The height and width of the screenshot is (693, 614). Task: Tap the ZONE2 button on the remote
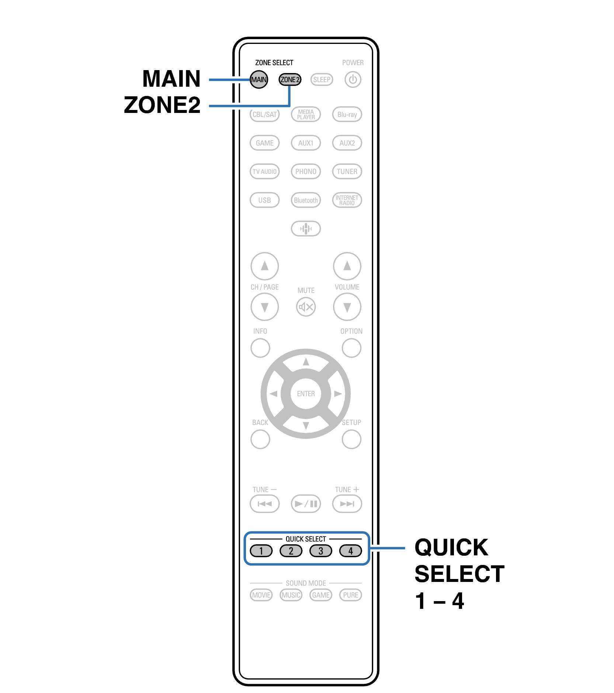[x=290, y=79]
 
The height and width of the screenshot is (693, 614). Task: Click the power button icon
[x=353, y=79]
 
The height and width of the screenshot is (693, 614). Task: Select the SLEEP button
[x=322, y=79]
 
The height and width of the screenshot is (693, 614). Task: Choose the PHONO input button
[x=306, y=171]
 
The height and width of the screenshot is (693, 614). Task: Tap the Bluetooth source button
[x=306, y=200]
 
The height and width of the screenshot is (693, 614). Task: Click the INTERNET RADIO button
[x=347, y=200]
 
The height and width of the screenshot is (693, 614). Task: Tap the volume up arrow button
[x=347, y=266]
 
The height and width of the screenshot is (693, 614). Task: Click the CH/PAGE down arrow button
[x=264, y=307]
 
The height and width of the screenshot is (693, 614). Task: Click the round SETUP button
[x=351, y=439]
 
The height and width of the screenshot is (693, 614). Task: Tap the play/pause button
[x=306, y=504]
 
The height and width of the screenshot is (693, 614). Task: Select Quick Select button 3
[x=321, y=551]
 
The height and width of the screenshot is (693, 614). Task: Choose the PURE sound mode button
[x=350, y=595]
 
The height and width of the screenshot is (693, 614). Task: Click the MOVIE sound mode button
[x=261, y=595]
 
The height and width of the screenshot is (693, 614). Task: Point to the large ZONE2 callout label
[x=162, y=105]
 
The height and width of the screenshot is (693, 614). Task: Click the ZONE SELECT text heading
[x=274, y=63]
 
